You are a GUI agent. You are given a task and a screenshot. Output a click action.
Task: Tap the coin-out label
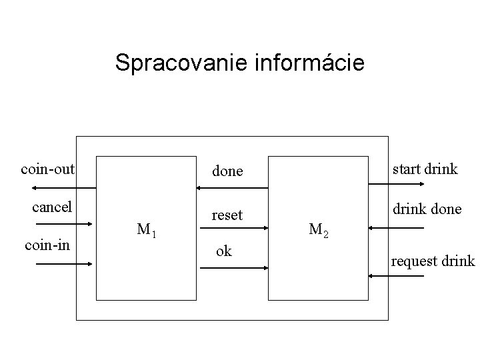click(x=47, y=169)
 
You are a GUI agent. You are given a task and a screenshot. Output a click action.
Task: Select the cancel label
click(x=52, y=207)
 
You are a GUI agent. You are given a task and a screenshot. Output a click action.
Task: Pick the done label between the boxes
click(x=227, y=171)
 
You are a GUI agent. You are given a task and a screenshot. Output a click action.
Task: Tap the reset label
click(x=227, y=215)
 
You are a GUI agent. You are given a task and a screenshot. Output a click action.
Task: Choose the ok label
click(x=224, y=251)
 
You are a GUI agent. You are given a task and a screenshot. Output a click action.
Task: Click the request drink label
click(x=433, y=261)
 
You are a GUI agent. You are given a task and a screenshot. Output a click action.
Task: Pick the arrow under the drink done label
click(x=396, y=229)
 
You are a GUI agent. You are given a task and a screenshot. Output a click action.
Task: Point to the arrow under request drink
click(x=396, y=275)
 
